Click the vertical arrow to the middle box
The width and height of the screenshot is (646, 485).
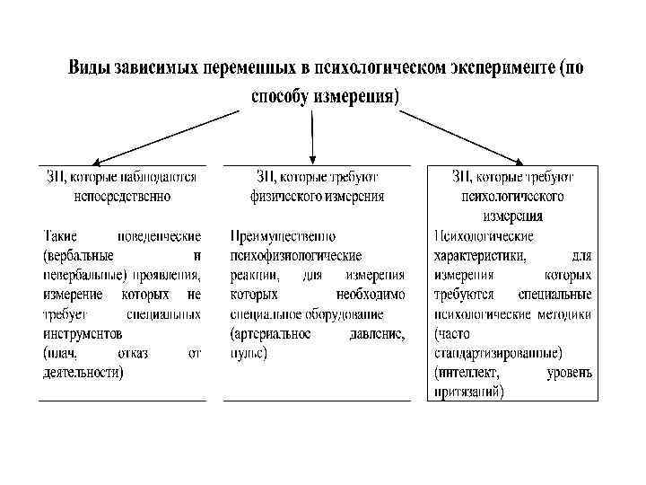(311, 135)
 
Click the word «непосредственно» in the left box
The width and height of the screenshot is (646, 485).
(121, 195)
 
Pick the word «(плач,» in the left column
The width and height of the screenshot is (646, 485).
(62, 352)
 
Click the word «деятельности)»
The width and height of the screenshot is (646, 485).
(83, 371)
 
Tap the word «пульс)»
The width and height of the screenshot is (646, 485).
(249, 352)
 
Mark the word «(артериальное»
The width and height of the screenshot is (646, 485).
(271, 333)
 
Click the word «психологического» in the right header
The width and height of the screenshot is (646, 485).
(512, 195)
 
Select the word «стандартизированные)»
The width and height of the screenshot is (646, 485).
(498, 352)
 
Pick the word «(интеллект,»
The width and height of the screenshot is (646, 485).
(467, 372)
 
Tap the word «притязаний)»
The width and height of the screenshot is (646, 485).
(468, 392)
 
